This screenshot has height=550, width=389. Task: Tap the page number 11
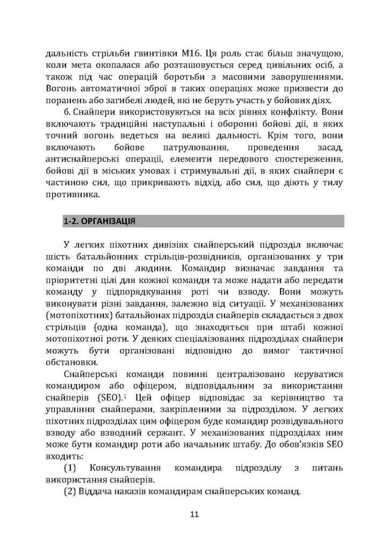coord(194,515)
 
